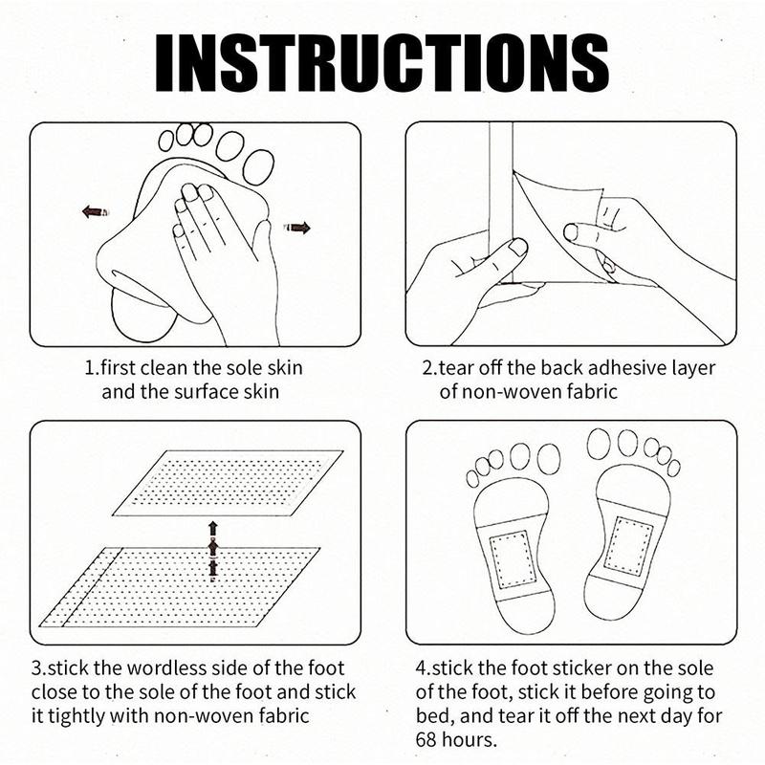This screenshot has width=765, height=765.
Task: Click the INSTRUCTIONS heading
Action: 382,63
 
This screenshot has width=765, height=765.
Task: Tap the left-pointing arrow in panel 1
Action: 96,211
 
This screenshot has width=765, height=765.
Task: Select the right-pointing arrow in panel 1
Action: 297,228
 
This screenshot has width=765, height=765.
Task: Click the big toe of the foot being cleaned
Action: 259,166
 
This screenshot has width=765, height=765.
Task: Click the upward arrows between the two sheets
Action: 212,552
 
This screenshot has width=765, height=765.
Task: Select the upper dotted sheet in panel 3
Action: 228,483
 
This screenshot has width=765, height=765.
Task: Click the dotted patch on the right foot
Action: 629,545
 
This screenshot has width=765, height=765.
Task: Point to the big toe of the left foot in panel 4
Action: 549,459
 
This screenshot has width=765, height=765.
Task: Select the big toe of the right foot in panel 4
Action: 599,444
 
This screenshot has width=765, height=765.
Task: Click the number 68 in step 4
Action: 426,739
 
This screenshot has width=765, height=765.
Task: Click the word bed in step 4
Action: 433,715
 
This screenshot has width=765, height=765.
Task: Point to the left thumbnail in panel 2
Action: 517,247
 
